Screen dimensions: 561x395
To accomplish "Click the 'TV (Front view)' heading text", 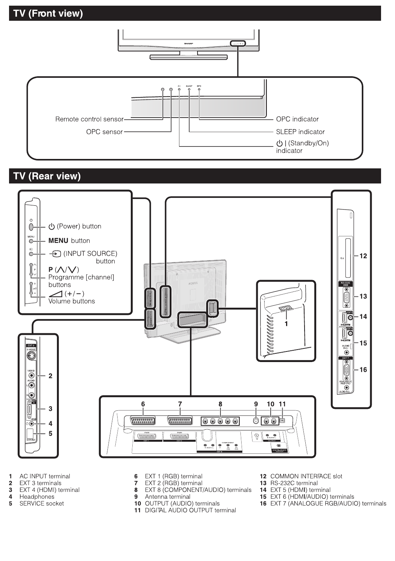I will coord(48,14).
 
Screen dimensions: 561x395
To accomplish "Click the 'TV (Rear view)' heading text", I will coord(47,176).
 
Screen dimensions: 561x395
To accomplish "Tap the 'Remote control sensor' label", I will coord(89,119).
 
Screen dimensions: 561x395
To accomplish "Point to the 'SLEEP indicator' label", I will coord(300,132).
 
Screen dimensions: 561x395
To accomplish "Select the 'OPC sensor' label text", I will coord(104,132).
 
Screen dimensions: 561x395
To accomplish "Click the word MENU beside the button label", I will coord(58,241).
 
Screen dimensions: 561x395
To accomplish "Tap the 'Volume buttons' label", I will coord(72,301).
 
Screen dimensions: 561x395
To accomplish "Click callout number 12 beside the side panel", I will coord(363,256).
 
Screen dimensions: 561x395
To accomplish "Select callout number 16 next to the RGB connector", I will coord(363,370).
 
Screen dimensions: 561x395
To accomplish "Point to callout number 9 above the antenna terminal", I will coord(256,404).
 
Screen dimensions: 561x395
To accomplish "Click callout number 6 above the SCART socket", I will coord(143,404).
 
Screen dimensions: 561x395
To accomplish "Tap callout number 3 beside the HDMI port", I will coord(51,408).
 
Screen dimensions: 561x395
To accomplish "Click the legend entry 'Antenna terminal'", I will coord(167,497).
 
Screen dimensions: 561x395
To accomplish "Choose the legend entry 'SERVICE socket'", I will coord(41,504).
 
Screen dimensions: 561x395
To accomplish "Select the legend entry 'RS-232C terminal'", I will coord(294,483).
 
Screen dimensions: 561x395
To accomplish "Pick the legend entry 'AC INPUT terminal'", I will coord(44,476).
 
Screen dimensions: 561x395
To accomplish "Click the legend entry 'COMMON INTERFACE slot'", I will coord(306,476).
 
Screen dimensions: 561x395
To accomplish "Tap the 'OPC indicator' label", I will coord(297,119).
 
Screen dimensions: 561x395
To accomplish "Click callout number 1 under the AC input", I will coord(286,324).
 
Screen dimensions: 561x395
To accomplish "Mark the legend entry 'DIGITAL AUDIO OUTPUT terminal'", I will coord(190,510).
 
